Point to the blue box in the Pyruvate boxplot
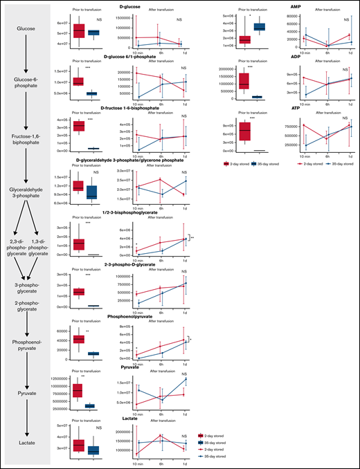click(89, 407)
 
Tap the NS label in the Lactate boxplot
click(99, 430)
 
